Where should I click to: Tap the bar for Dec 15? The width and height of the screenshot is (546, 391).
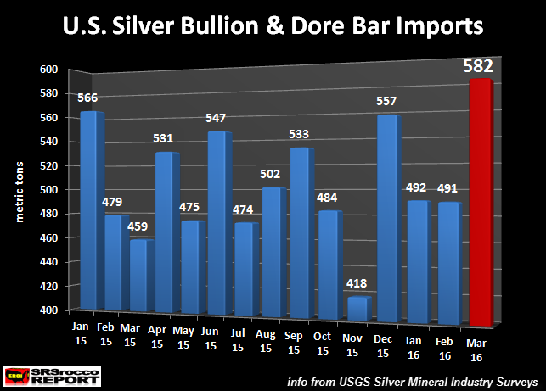386,229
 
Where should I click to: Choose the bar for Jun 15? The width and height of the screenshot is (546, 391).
217,221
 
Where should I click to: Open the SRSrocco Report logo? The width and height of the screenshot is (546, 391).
43,374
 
